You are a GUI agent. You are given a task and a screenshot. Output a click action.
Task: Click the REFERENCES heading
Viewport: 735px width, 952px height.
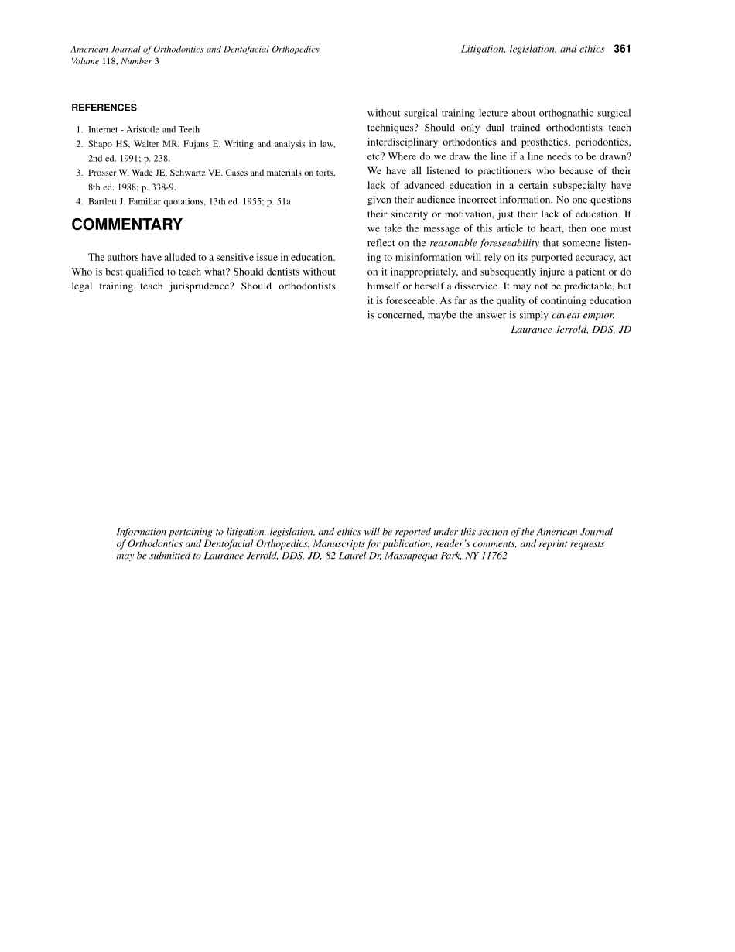pyautogui.click(x=104, y=108)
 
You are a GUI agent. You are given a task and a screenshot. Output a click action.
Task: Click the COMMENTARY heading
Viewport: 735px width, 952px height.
pyautogui.click(x=127, y=225)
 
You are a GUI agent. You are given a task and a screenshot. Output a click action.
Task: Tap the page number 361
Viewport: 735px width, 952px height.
pyautogui.click(x=622, y=49)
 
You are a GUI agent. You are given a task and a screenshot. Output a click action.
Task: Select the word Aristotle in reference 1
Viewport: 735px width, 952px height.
pyautogui.click(x=141, y=129)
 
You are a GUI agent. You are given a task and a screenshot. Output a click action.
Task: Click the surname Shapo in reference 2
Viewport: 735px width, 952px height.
pyautogui.click(x=101, y=144)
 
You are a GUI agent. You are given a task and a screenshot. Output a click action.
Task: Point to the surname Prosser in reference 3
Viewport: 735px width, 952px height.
pyautogui.click(x=104, y=173)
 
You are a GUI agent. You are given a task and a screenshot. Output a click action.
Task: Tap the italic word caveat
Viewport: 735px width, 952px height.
pyautogui.click(x=566, y=315)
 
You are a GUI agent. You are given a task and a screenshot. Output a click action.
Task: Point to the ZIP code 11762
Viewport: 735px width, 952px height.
pyautogui.click(x=494, y=556)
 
